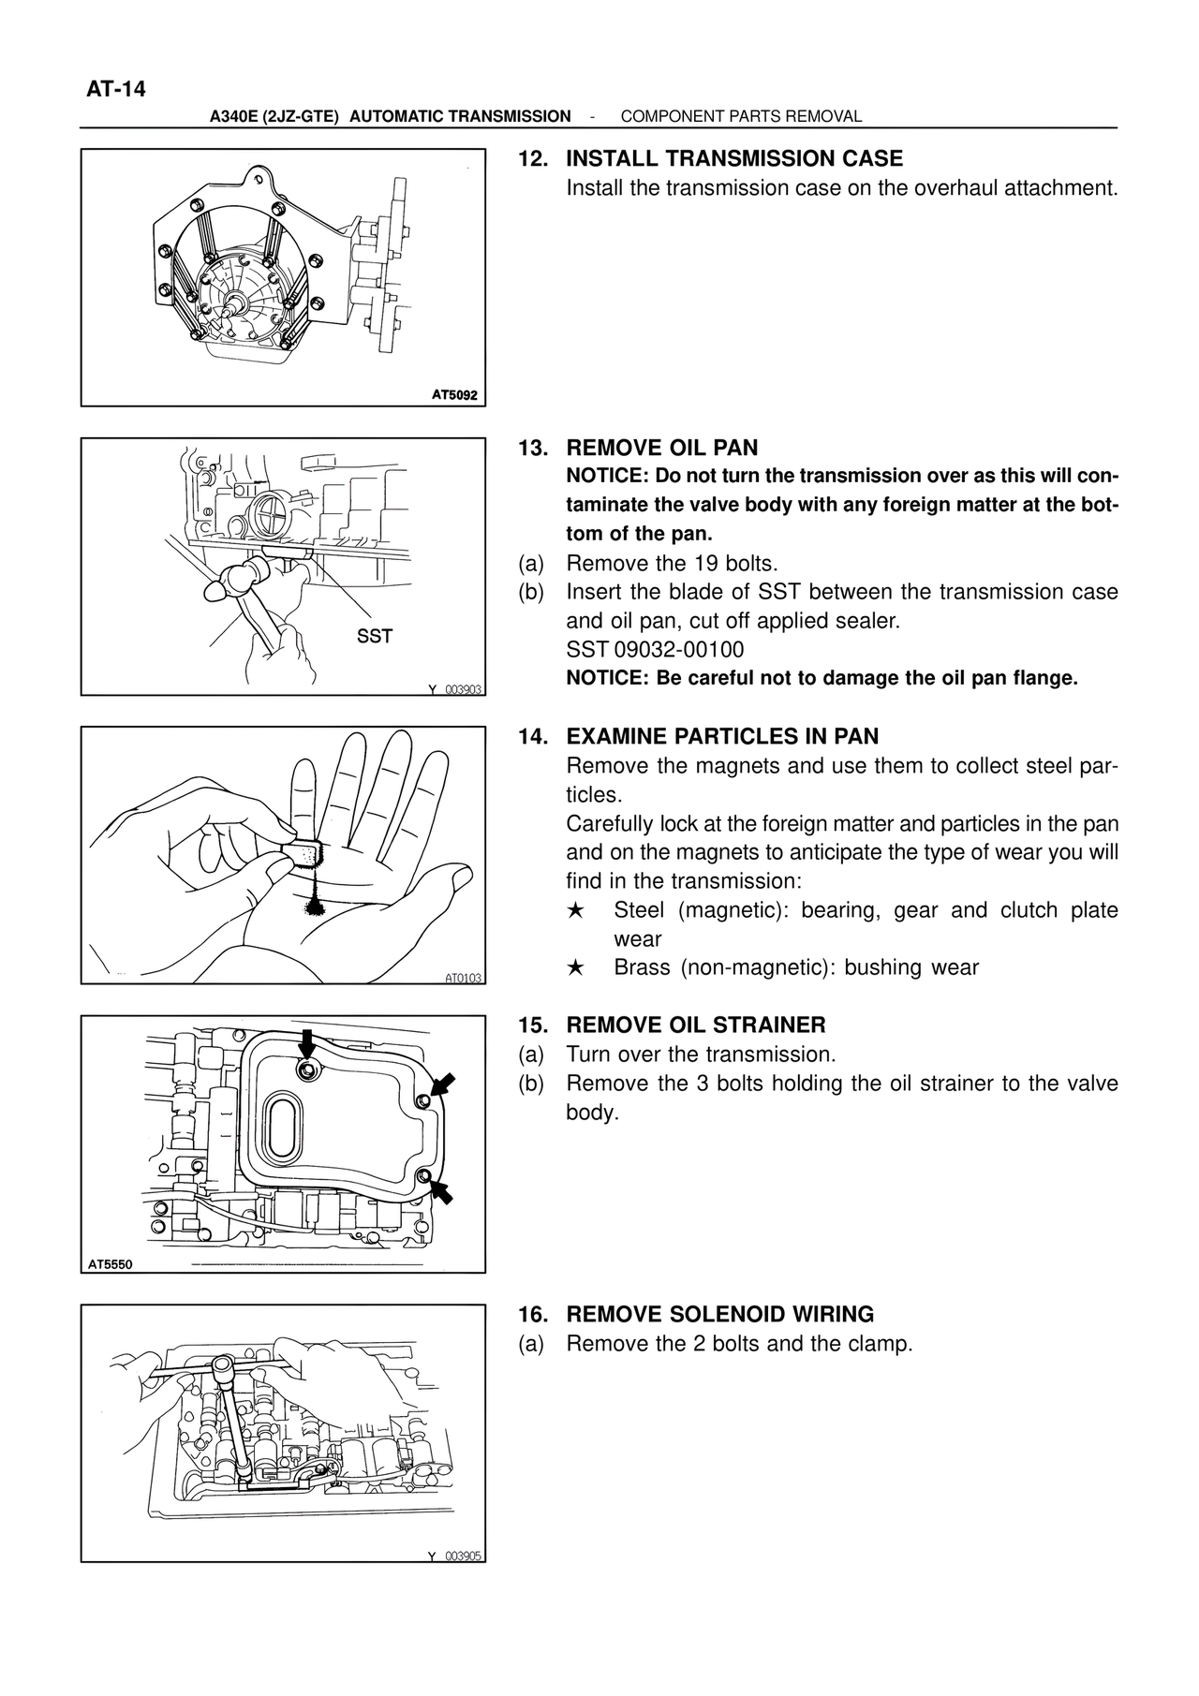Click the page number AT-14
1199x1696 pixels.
click(116, 90)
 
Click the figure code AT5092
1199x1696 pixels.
click(454, 395)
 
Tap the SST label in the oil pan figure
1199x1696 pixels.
click(375, 637)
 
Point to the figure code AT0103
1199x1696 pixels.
click(463, 978)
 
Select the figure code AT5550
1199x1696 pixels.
click(111, 1264)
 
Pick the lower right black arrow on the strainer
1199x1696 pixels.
click(440, 1191)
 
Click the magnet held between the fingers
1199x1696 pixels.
click(302, 853)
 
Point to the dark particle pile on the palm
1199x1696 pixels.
click(316, 906)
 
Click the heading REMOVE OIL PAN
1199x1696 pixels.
click(661, 448)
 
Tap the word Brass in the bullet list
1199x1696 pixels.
click(642, 967)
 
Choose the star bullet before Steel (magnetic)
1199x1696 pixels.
click(576, 910)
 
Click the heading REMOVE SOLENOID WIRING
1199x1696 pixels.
click(719, 1314)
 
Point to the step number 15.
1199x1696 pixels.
click(532, 1025)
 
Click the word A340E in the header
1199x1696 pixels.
click(233, 116)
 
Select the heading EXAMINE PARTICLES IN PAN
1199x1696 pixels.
click(722, 736)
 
